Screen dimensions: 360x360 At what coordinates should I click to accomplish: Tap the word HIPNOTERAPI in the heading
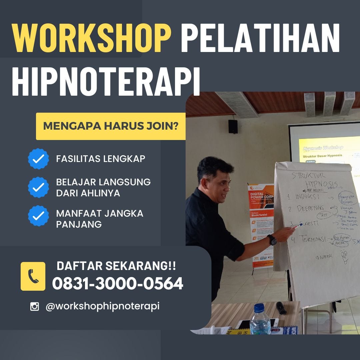coord(106,81)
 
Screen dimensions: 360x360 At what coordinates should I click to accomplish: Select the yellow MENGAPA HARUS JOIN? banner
coord(111,126)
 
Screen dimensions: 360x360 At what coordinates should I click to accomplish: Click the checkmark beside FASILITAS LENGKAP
coord(39,159)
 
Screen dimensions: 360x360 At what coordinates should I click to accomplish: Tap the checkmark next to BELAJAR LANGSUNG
coord(39,187)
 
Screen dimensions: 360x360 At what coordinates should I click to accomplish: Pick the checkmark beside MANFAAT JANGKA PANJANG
coord(39,216)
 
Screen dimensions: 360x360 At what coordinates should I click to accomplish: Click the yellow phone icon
coord(33,276)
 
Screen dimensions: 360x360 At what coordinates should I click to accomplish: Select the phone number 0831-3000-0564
coord(118,284)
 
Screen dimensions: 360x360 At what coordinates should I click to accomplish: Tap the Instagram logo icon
coord(35,306)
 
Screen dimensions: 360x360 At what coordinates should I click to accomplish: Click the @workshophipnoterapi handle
coord(103,306)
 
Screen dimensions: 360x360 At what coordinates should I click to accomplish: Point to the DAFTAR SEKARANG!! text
coord(116,266)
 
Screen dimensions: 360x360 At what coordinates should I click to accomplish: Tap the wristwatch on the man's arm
coord(272,240)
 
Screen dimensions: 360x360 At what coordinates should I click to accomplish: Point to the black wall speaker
coord(233,127)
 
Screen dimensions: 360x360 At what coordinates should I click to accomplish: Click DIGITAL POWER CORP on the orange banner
coord(261,197)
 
